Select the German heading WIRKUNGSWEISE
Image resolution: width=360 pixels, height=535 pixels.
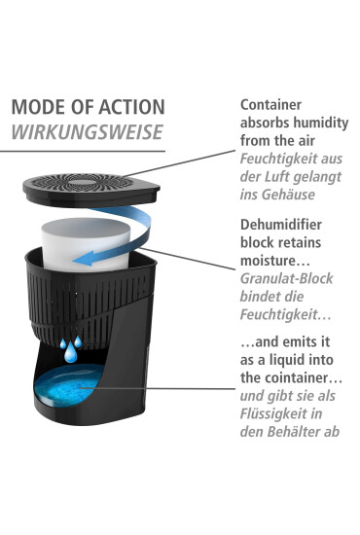[87, 132]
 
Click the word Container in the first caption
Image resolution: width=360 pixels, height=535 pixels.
[270, 105]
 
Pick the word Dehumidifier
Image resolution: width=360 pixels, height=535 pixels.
[281, 225]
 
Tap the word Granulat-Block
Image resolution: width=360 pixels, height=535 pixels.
[286, 278]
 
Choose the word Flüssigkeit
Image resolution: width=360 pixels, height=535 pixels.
[271, 414]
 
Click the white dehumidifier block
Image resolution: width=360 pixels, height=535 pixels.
[86, 244]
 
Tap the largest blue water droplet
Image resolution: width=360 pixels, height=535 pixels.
[71, 353]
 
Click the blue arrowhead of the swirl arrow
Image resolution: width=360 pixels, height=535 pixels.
[84, 259]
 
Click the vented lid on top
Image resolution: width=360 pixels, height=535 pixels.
[91, 190]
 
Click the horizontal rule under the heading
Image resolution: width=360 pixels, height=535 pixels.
[83, 151]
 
